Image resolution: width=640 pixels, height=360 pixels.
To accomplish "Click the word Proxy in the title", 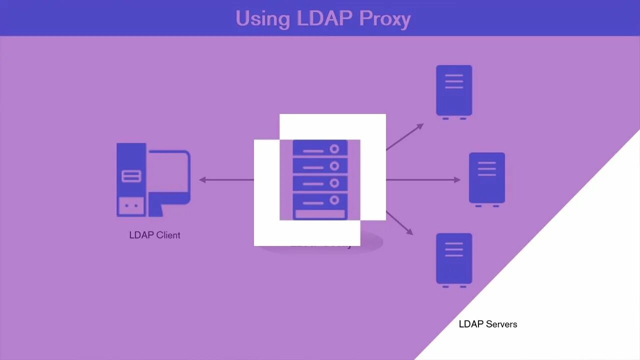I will point(384,18).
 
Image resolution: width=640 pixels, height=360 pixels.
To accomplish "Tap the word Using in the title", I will point(262,19).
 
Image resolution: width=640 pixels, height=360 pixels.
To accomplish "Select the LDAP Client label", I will point(154,235).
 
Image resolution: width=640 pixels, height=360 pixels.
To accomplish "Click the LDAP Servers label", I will point(488,324).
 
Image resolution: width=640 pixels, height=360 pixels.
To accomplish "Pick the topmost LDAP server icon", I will point(454,90).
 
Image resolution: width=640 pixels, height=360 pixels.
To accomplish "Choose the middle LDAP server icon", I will point(487,178).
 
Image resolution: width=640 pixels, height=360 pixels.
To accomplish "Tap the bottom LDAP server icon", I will point(454,258).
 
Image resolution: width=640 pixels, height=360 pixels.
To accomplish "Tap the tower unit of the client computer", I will point(131,180).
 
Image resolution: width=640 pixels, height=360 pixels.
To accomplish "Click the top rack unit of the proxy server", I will point(320,148).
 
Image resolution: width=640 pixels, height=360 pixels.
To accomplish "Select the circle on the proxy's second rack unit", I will point(334,166).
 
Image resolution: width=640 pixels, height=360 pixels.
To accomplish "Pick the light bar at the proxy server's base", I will point(320,214).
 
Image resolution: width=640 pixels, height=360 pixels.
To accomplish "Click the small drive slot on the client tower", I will point(131,176).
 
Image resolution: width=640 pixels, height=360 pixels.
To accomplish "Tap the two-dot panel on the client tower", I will point(131,205).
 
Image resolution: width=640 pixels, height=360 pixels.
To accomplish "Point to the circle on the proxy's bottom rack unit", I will point(334,200).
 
